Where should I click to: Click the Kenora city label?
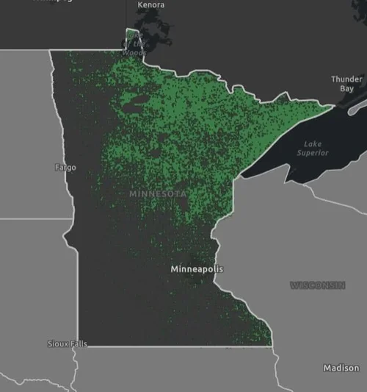(x=150, y=5)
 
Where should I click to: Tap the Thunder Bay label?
(x=346, y=83)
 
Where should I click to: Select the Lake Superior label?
(x=312, y=148)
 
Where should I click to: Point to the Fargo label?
(x=65, y=168)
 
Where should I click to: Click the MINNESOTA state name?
(x=157, y=193)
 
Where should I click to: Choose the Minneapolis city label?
(x=197, y=269)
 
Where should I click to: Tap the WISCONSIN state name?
(x=317, y=285)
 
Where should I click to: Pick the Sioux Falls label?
(x=67, y=344)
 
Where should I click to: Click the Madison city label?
(x=341, y=368)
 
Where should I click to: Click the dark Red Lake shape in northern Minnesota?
(x=132, y=102)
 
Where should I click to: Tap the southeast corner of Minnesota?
(x=271, y=345)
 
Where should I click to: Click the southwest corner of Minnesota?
(x=79, y=345)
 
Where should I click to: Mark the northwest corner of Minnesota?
(x=50, y=51)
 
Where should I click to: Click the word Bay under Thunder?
(x=346, y=88)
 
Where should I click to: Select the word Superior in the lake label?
(x=313, y=153)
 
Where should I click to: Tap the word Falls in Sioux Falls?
(x=77, y=344)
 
